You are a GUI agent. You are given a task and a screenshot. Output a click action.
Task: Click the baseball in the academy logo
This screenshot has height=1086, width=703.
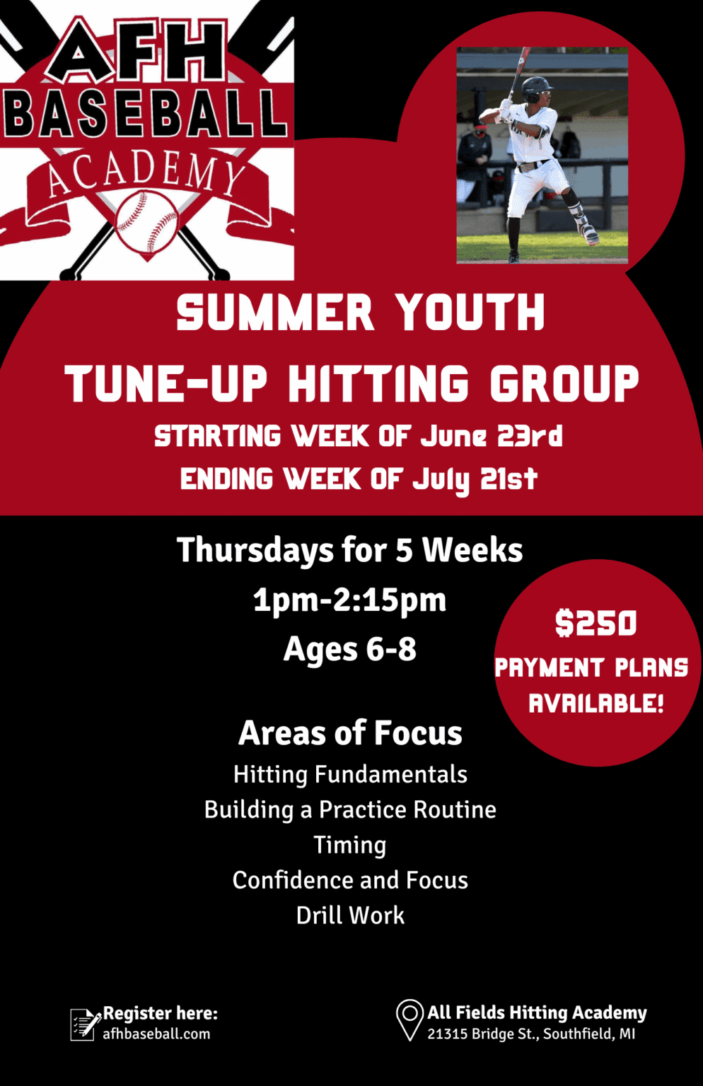(147, 223)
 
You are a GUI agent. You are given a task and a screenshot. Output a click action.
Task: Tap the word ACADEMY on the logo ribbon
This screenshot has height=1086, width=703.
(146, 175)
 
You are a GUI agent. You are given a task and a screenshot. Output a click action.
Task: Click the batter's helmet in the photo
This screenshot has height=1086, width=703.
(535, 88)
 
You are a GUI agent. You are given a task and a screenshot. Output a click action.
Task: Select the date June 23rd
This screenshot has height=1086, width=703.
(491, 436)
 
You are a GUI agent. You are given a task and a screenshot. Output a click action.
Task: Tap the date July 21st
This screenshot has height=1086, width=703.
(475, 479)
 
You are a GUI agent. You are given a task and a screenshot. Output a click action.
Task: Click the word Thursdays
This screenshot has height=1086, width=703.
(255, 550)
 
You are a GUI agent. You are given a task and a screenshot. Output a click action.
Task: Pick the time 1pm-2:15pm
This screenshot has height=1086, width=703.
(349, 600)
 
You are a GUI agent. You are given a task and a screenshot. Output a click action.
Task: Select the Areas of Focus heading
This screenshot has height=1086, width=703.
(350, 732)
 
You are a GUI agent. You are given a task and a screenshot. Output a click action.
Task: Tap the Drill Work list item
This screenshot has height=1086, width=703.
(350, 916)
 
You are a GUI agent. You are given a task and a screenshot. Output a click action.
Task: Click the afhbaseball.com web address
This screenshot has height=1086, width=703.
(156, 1034)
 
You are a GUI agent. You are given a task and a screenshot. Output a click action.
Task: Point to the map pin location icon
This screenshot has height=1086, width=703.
(409, 1020)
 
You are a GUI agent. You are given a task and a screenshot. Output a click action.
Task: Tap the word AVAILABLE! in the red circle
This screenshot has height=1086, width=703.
(596, 703)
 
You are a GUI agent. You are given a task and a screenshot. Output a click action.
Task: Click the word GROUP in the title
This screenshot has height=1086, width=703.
(564, 383)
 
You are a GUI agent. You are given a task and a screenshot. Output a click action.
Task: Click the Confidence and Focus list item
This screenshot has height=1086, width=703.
(350, 880)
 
